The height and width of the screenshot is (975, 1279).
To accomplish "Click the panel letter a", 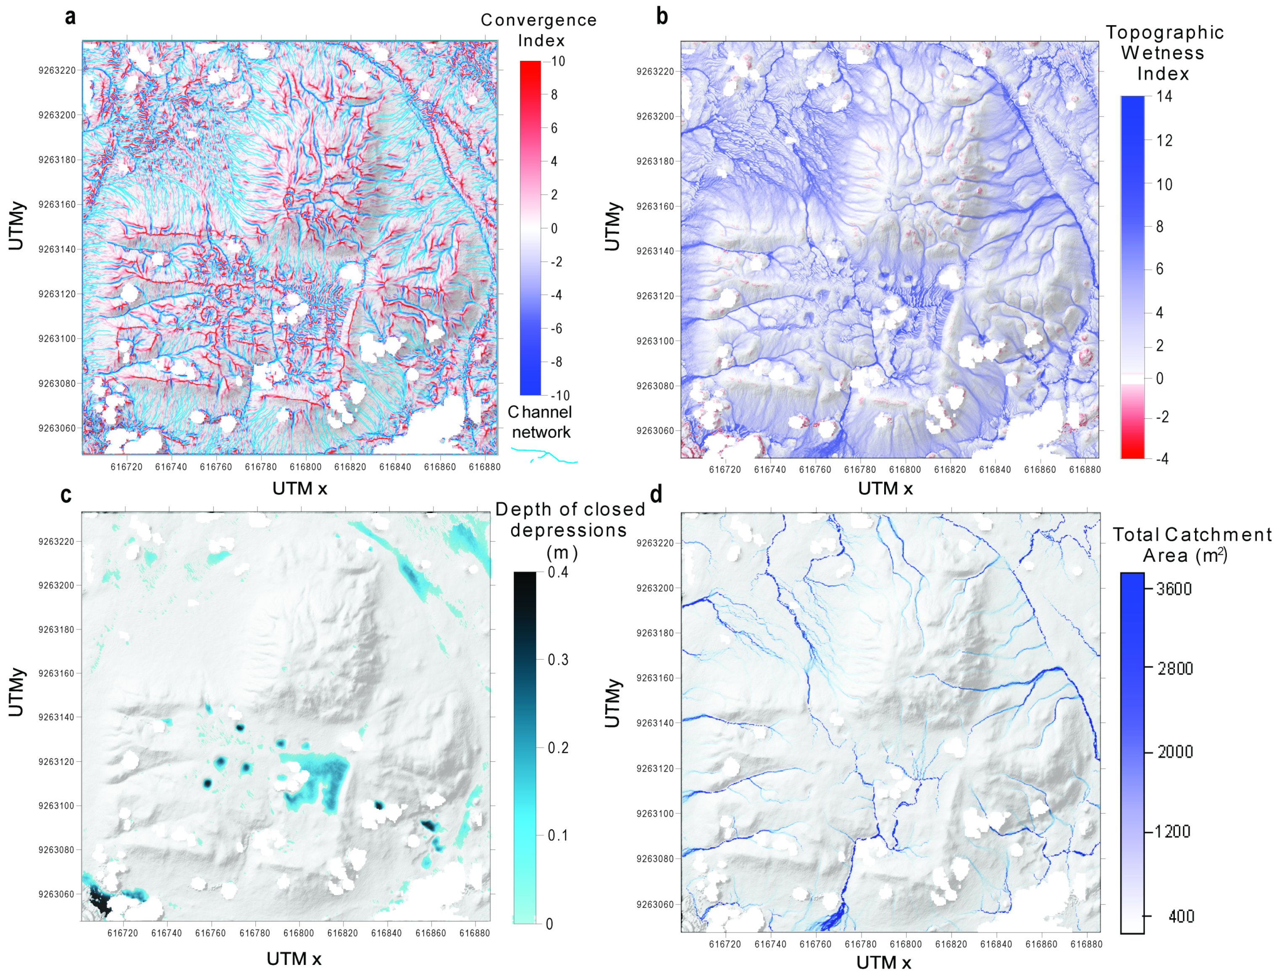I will click(x=70, y=17).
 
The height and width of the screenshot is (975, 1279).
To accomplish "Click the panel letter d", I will click(x=657, y=495).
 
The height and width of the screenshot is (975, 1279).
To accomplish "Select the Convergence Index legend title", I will click(x=539, y=30).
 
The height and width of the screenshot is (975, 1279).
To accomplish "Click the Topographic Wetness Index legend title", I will click(x=1164, y=53).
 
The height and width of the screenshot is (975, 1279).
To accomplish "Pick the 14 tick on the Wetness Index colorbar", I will click(x=1164, y=96).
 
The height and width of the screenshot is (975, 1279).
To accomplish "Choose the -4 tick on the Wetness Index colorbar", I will click(x=1162, y=459).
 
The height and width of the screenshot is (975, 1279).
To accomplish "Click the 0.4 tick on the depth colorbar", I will click(x=558, y=572).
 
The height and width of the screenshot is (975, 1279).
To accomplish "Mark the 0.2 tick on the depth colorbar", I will click(x=558, y=747).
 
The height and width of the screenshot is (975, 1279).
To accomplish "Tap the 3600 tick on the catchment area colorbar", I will click(x=1174, y=589).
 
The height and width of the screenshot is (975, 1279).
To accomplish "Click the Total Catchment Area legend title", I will click(x=1191, y=545).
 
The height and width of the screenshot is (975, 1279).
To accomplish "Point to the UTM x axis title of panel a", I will click(x=299, y=489).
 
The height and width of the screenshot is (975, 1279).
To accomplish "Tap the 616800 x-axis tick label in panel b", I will click(x=904, y=469).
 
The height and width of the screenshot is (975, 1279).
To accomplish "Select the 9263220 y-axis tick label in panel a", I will click(x=57, y=70).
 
